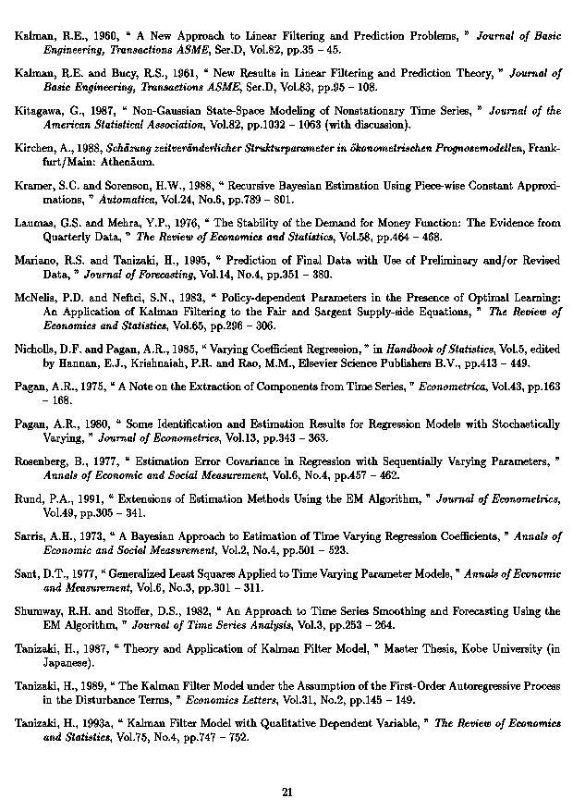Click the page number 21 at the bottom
(x=286, y=792)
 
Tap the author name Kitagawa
(x=39, y=110)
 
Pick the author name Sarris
(x=32, y=535)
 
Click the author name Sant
(x=28, y=572)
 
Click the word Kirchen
(x=37, y=147)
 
